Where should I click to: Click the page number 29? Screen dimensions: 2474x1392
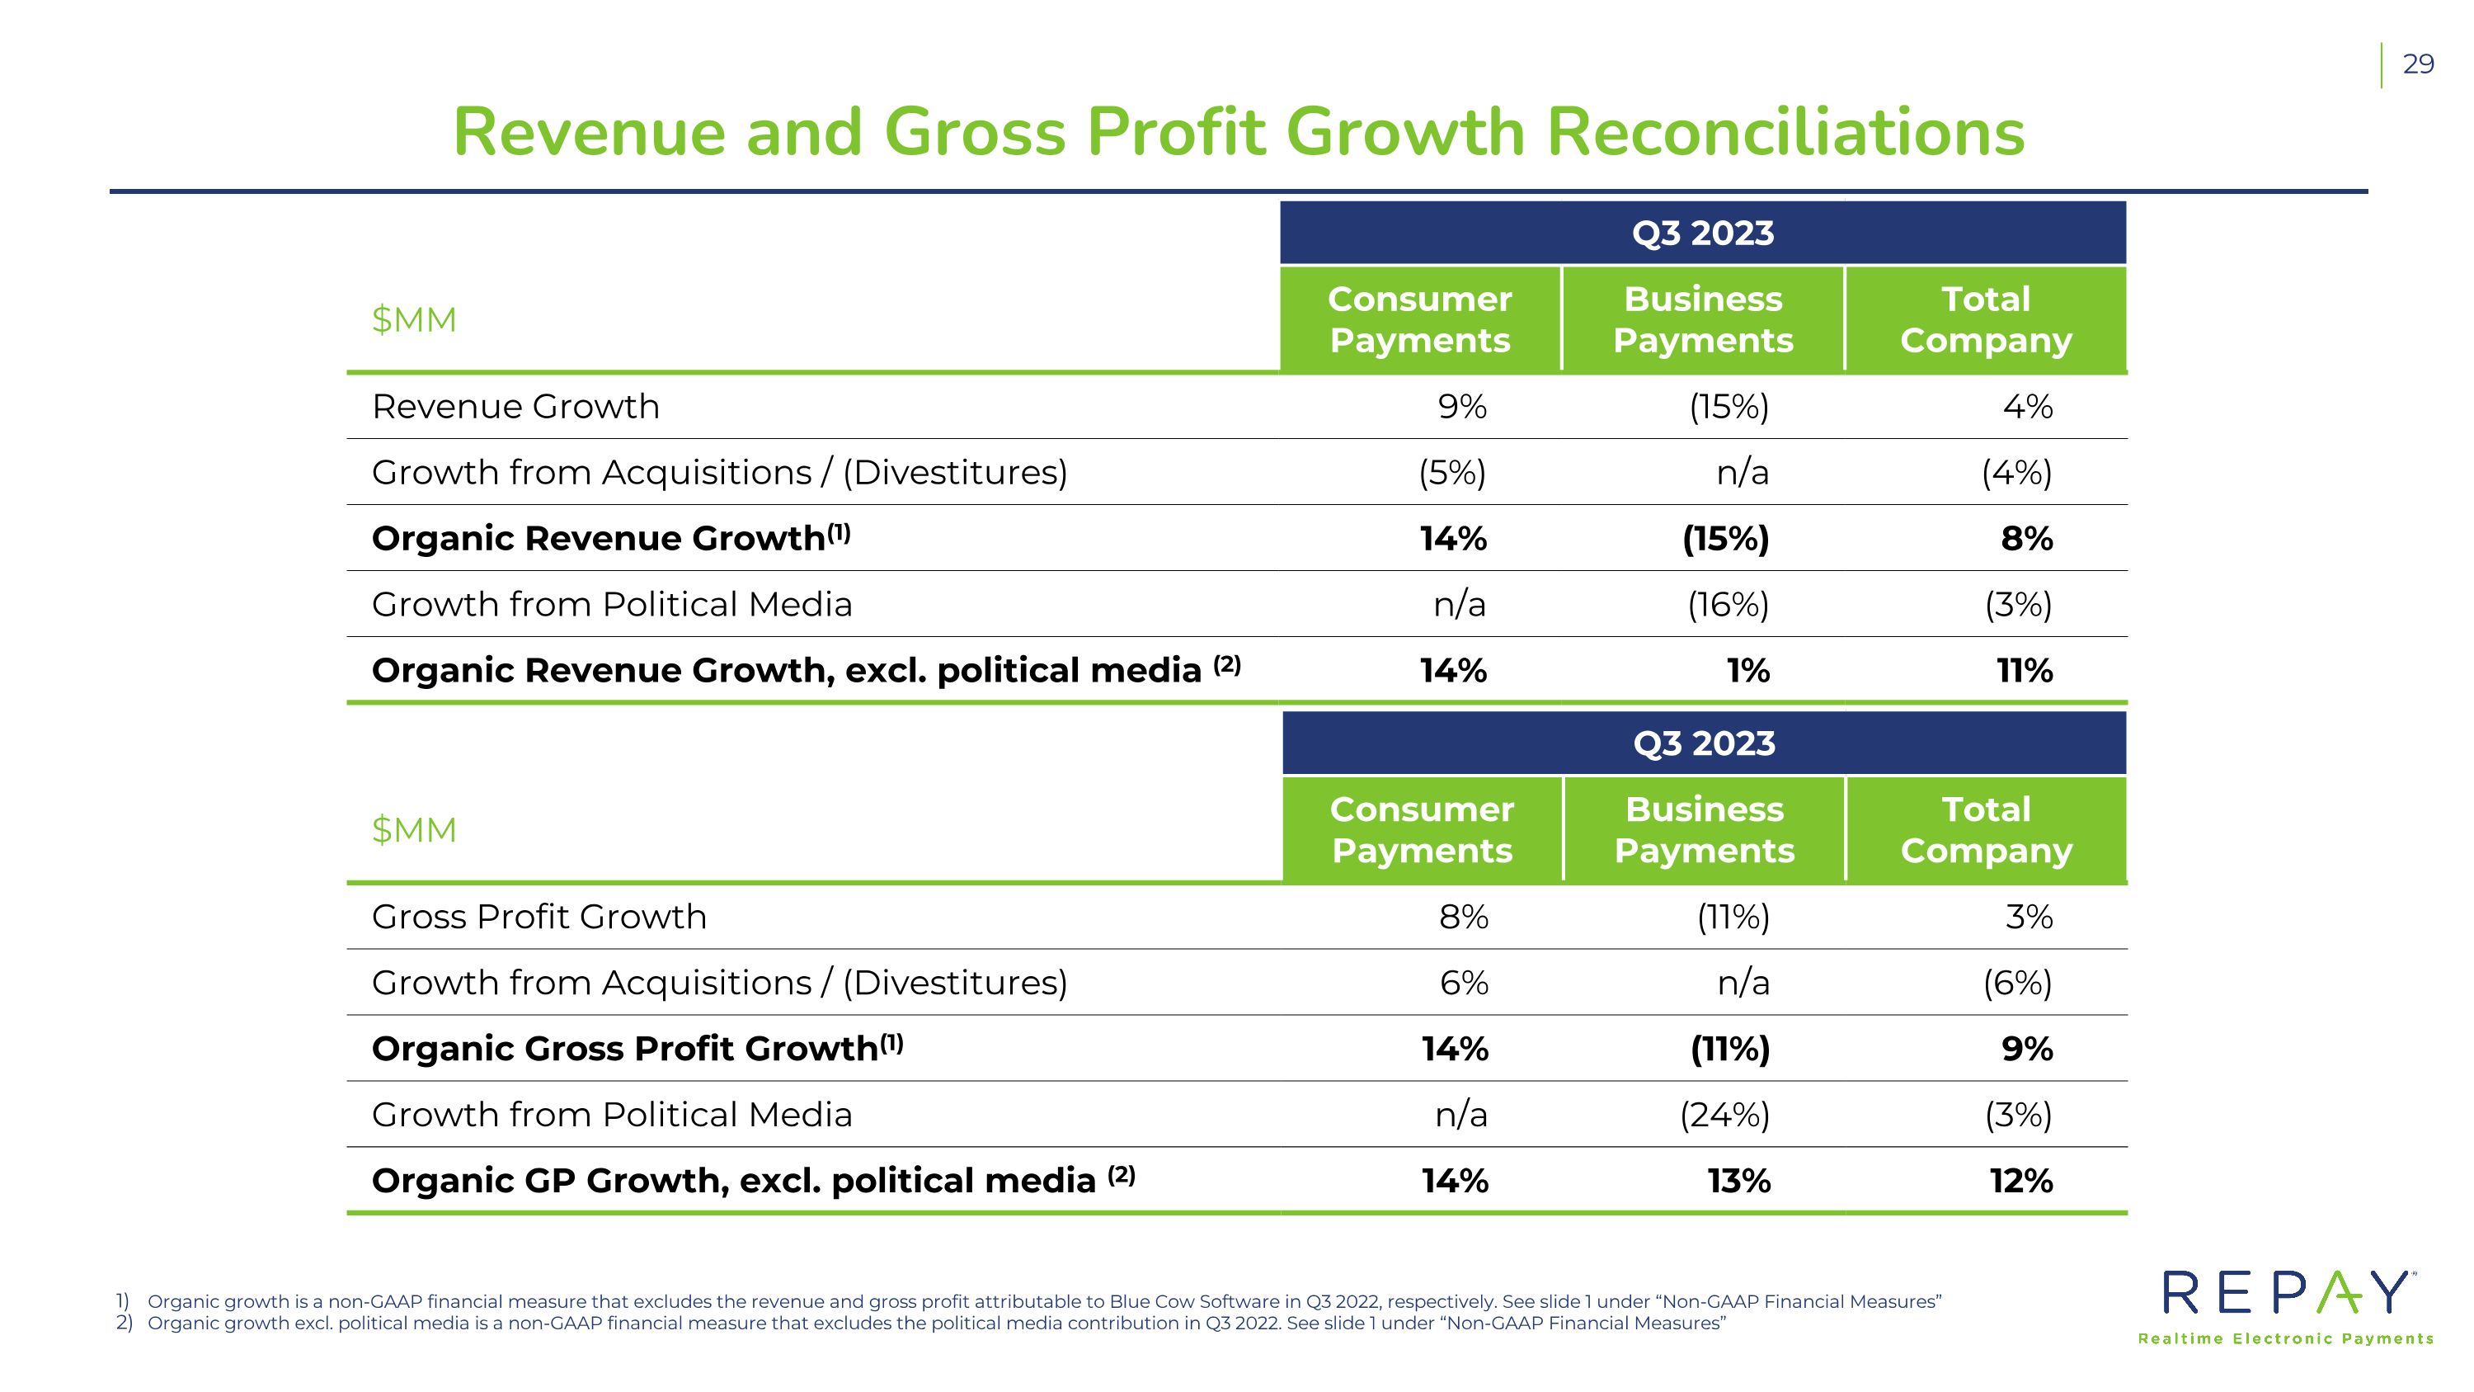(2418, 64)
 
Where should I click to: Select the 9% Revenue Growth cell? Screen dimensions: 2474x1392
(1462, 406)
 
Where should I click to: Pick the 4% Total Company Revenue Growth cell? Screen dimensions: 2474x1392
(2027, 406)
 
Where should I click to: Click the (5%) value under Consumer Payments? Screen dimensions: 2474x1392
(1452, 473)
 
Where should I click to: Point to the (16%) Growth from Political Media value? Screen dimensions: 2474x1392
(1728, 604)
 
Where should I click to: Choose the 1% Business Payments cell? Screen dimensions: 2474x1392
(1748, 669)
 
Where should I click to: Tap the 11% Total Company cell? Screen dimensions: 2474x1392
(2025, 669)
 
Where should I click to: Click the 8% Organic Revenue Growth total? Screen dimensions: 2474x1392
(2026, 538)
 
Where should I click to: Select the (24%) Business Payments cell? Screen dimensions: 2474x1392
(1725, 1115)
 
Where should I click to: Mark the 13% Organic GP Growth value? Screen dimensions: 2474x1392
(1739, 1180)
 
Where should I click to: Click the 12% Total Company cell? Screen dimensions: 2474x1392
(2020, 1180)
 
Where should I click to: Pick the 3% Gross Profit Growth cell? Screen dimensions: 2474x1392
(2029, 917)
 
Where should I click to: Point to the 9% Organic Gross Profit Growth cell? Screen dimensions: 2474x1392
(2027, 1048)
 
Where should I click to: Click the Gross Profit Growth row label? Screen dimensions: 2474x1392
(539, 917)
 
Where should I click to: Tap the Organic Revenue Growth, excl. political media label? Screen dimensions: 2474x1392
(806, 669)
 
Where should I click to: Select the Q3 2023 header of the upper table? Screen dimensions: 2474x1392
(1703, 234)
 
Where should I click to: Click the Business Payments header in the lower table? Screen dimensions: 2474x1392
(1704, 830)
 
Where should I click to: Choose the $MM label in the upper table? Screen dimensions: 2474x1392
(414, 320)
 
